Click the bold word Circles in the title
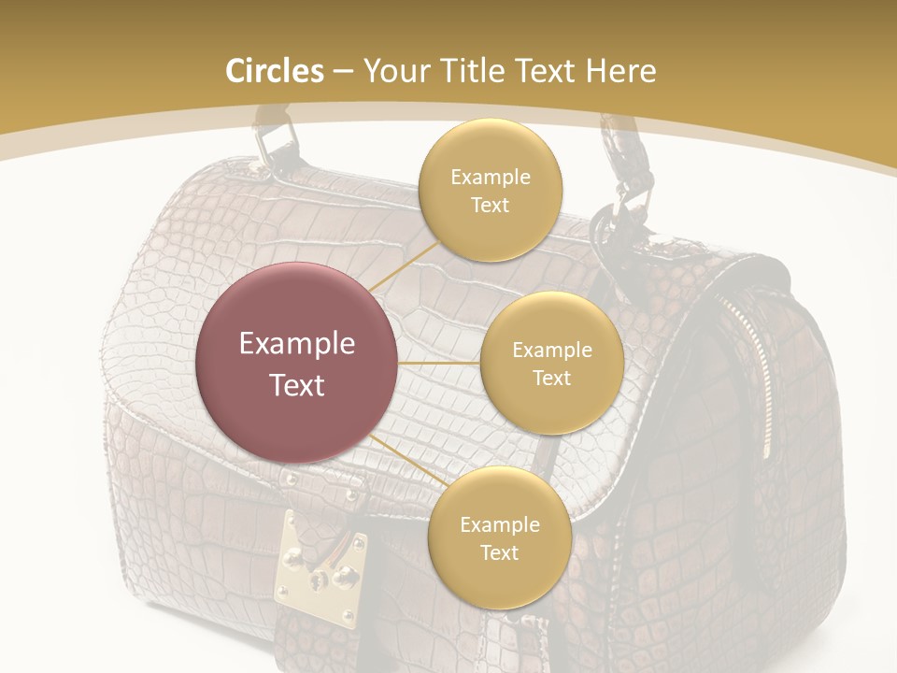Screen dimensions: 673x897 (x=275, y=71)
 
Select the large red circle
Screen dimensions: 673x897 (x=297, y=363)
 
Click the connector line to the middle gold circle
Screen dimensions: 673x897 (x=439, y=363)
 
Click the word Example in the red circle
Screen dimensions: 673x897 (x=297, y=344)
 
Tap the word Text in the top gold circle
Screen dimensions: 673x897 (x=490, y=206)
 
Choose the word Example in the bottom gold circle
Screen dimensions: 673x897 (x=499, y=525)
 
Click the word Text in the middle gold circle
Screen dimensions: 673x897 (x=551, y=379)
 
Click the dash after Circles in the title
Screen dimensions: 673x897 (x=343, y=72)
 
